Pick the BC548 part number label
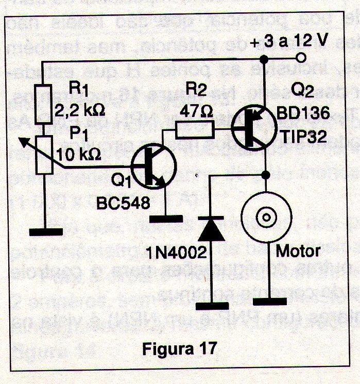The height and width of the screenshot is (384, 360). click(x=123, y=203)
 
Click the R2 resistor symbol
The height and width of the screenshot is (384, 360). click(x=194, y=129)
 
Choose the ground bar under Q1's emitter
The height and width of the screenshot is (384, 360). click(x=166, y=219)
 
